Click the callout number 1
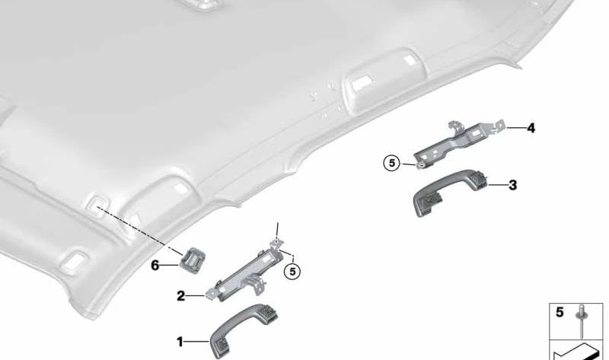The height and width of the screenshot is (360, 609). (180, 342)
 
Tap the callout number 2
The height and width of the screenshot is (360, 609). (181, 295)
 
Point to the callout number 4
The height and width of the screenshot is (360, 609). (531, 128)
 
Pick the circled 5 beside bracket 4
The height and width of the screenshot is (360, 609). (391, 162)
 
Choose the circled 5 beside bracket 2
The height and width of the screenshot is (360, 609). (291, 269)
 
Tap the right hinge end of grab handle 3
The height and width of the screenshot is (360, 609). (480, 180)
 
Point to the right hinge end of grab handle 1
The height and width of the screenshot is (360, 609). (269, 313)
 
